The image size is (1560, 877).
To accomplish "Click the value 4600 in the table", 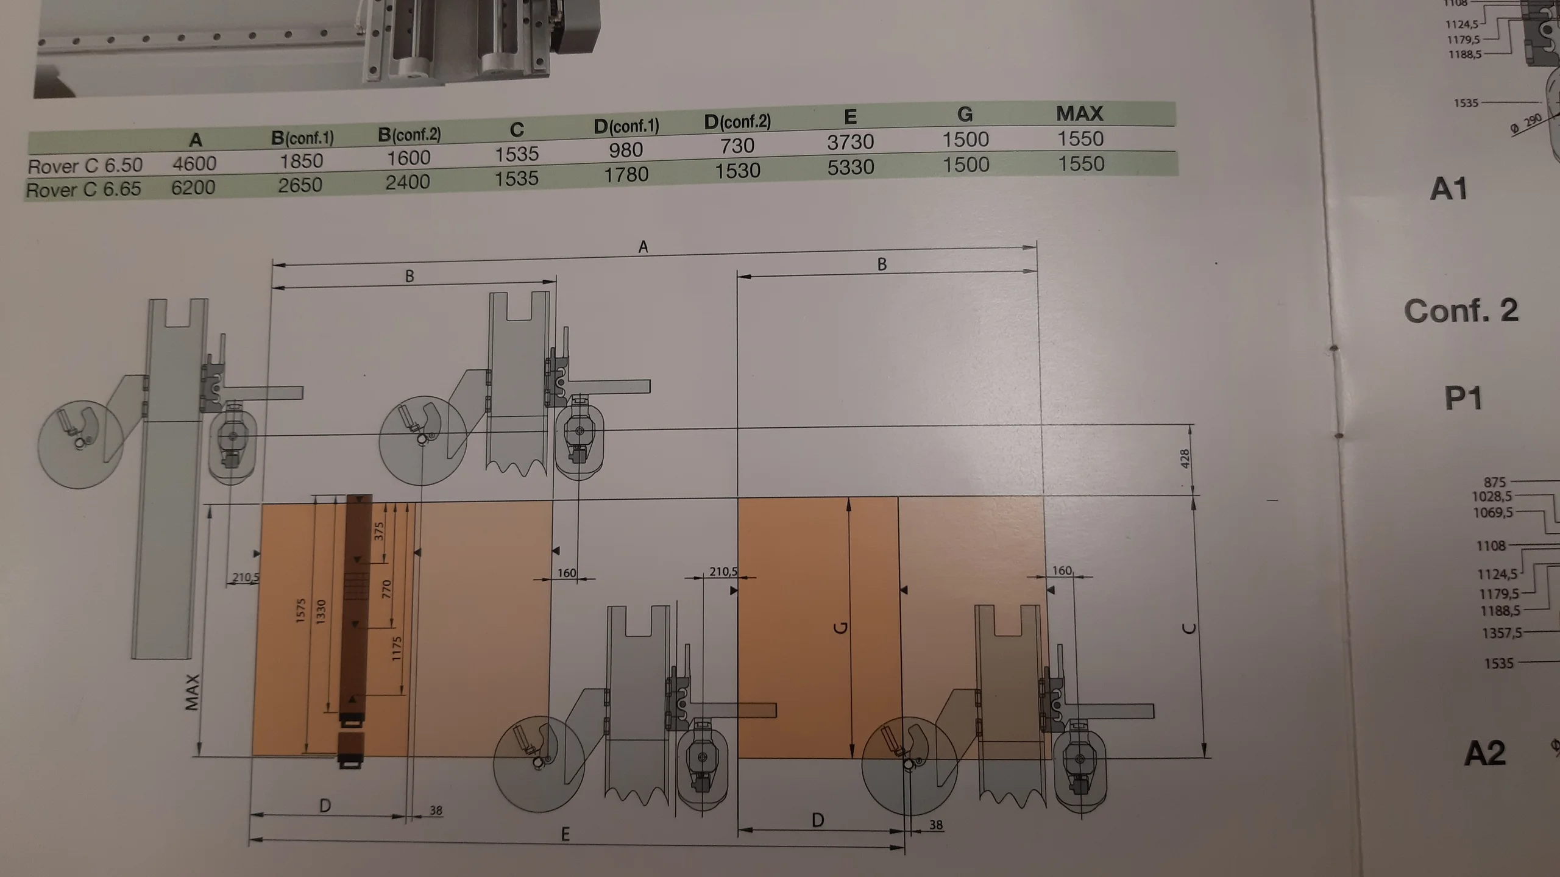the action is click(194, 163).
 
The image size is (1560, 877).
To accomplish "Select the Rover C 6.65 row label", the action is click(83, 190).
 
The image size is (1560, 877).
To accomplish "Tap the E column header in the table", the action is click(850, 116).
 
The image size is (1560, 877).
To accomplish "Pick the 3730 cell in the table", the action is click(850, 142).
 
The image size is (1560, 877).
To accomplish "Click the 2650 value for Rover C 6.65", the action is click(300, 185).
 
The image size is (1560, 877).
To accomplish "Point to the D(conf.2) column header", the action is click(737, 122).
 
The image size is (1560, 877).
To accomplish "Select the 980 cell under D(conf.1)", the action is click(626, 150).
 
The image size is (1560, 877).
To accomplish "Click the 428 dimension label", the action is click(1184, 459).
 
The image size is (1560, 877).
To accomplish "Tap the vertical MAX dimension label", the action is click(193, 692).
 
